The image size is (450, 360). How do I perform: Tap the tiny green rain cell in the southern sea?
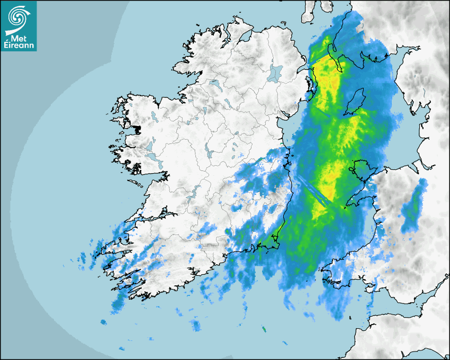(x=264, y=329)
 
